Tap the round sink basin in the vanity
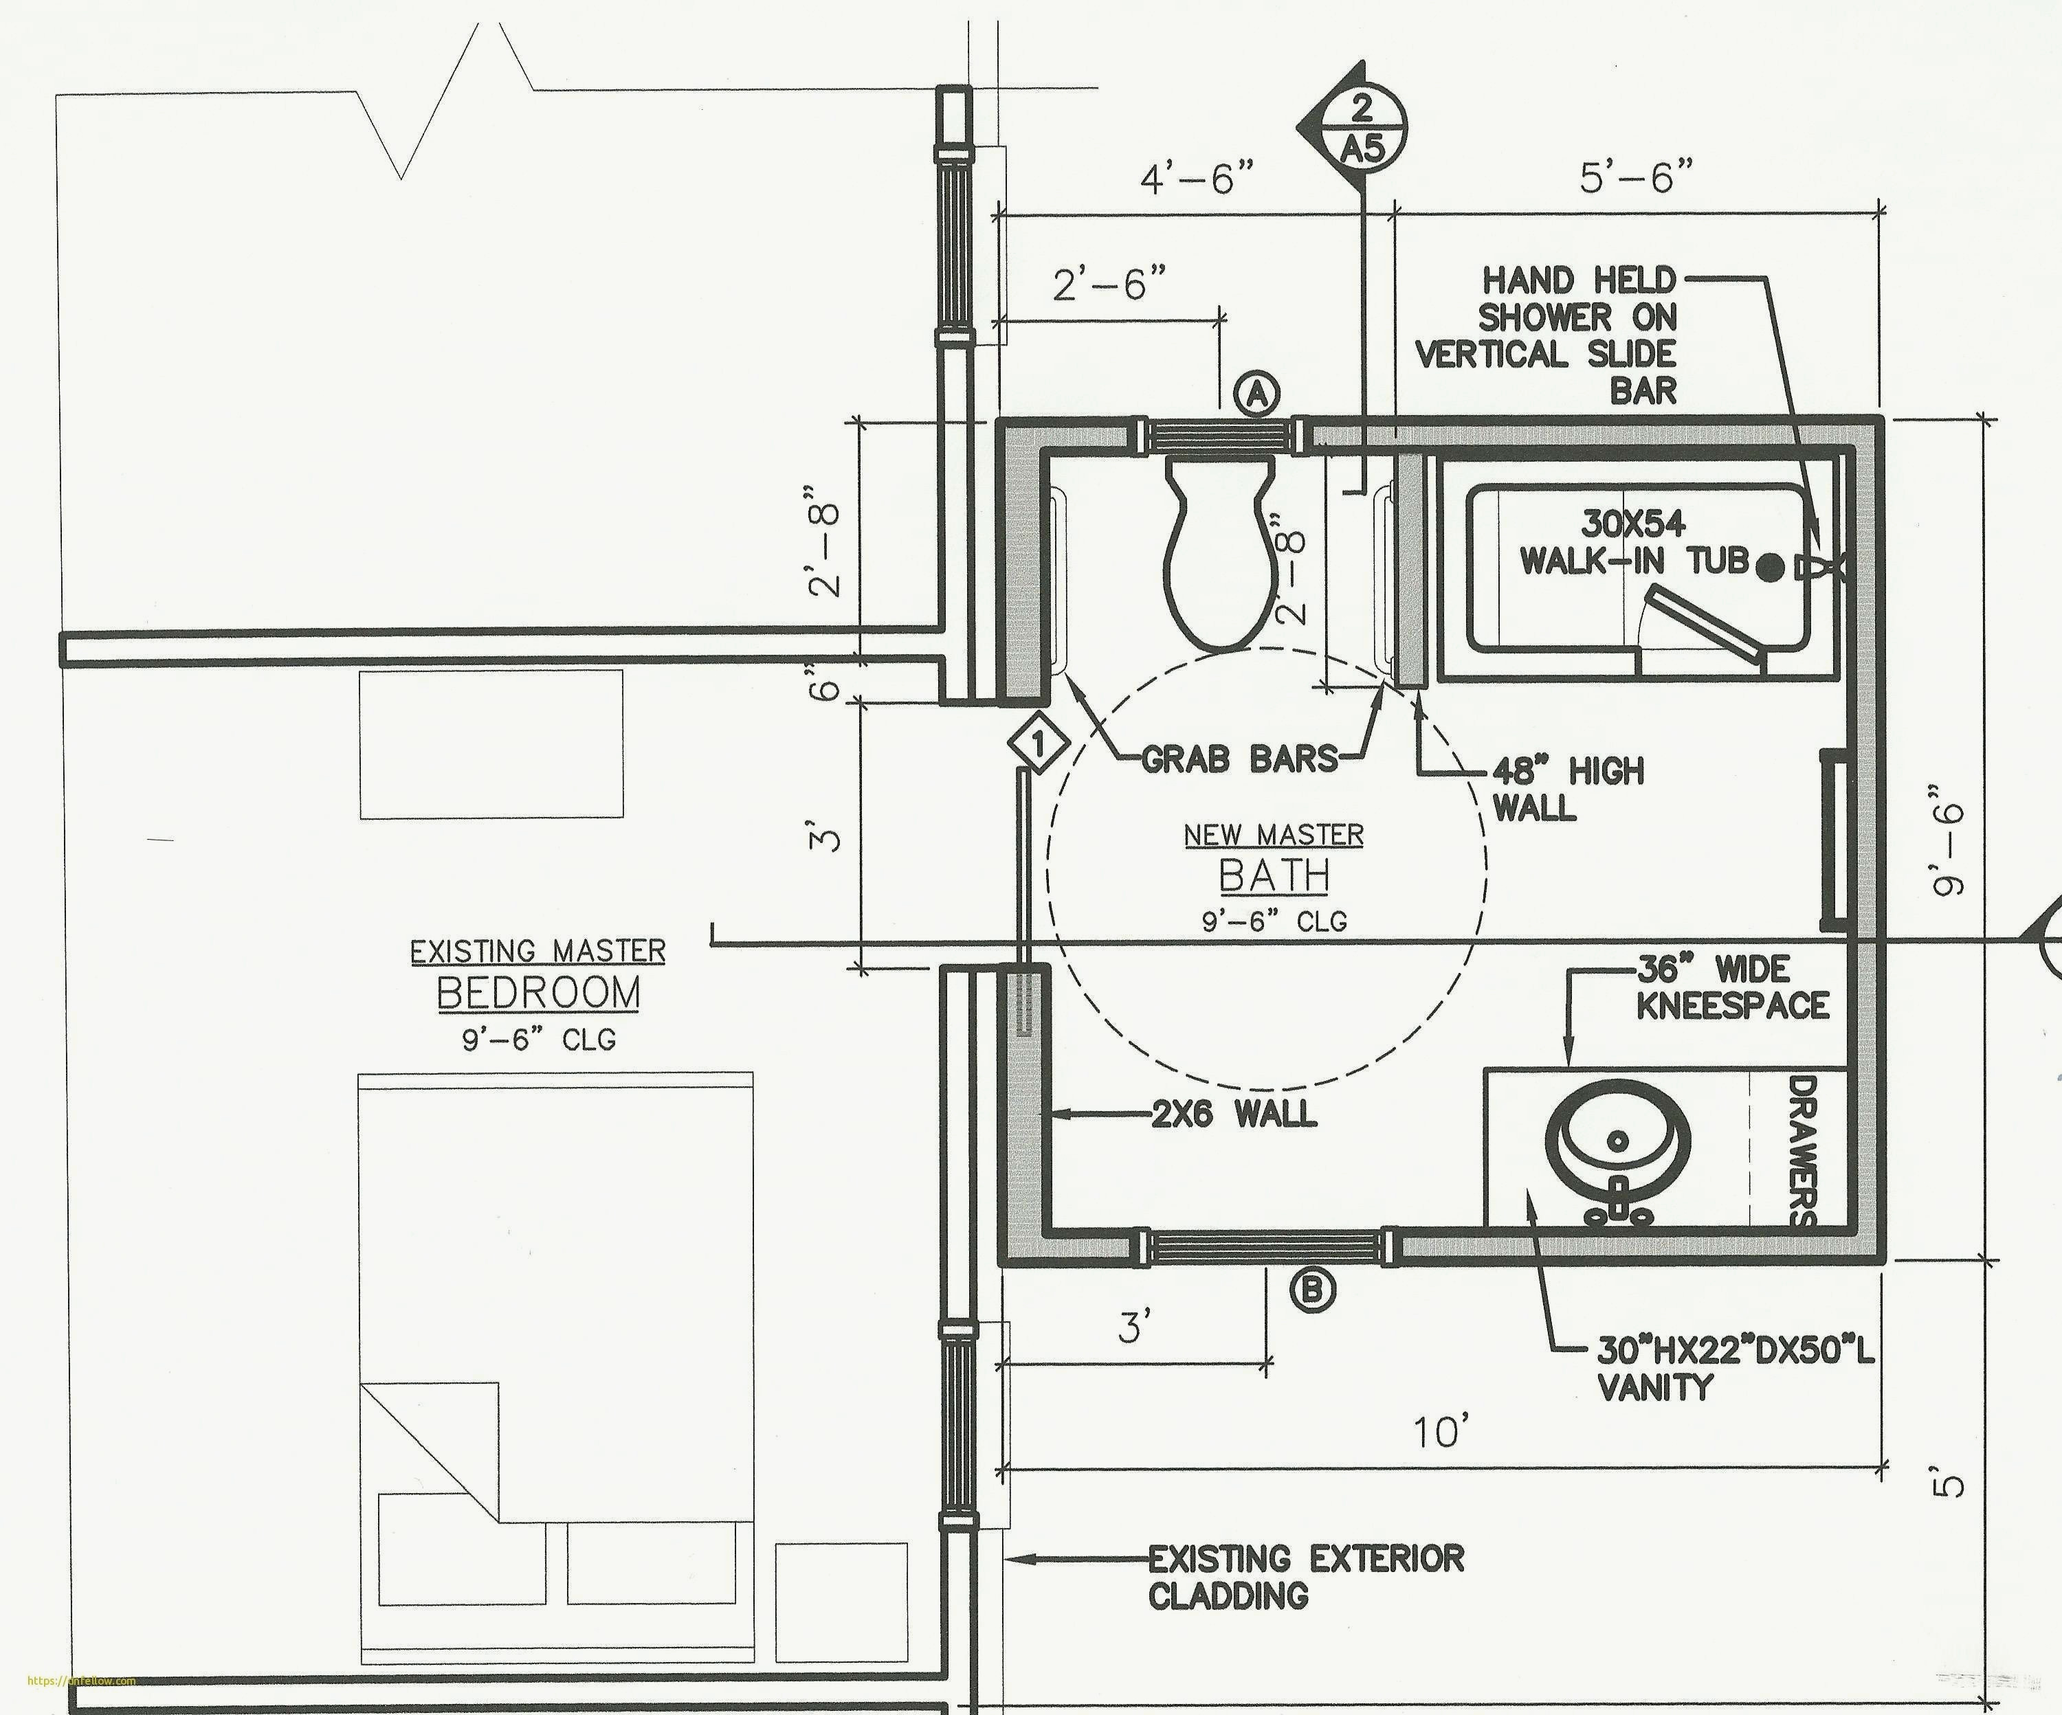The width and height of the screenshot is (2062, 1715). click(1617, 1141)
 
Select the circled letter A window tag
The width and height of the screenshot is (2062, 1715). click(1258, 394)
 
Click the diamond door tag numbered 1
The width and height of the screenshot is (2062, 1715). click(1038, 743)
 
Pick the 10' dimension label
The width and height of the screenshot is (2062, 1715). click(1441, 1433)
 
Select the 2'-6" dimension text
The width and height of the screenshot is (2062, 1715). click(1111, 284)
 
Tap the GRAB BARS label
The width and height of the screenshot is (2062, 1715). click(1239, 759)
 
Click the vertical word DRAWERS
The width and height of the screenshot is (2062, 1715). click(1803, 1150)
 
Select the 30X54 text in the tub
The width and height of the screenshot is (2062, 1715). click(1633, 524)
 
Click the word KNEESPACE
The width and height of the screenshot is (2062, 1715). click(1732, 1006)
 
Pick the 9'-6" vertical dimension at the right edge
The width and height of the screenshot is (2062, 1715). click(1948, 840)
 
